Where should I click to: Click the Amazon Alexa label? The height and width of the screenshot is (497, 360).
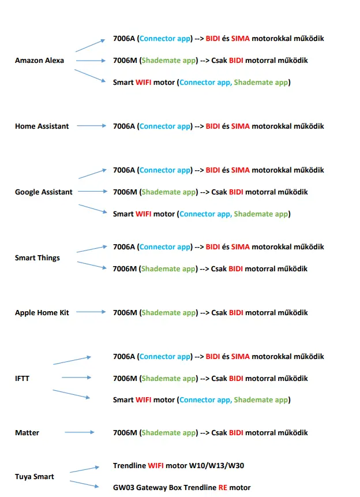pyautogui.click(x=39, y=60)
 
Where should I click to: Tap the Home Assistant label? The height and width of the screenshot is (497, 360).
pyautogui.click(x=42, y=126)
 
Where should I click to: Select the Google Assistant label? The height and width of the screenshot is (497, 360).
pyautogui.click(x=44, y=192)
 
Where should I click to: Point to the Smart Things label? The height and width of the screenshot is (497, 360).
pyautogui.click(x=37, y=258)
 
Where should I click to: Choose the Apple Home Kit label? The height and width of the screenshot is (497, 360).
pyautogui.click(x=42, y=313)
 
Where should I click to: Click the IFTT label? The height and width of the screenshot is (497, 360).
pyautogui.click(x=22, y=379)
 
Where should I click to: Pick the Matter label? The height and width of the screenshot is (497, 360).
pyautogui.click(x=27, y=433)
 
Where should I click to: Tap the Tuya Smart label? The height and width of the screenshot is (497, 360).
pyautogui.click(x=35, y=477)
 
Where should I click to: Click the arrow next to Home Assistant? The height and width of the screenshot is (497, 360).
pyautogui.click(x=92, y=126)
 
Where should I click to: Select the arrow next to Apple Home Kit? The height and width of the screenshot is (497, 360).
pyautogui.click(x=91, y=312)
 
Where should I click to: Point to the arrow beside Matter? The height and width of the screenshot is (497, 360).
pyautogui.click(x=80, y=432)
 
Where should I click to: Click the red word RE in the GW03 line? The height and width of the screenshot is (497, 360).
pyautogui.click(x=223, y=488)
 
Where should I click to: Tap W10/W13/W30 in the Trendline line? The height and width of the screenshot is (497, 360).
pyautogui.click(x=216, y=466)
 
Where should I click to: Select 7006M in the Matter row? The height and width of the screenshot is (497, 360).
pyautogui.click(x=125, y=433)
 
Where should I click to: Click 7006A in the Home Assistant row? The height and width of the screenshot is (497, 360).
pyautogui.click(x=124, y=126)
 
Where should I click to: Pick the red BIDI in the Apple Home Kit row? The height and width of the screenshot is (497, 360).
pyautogui.click(x=236, y=313)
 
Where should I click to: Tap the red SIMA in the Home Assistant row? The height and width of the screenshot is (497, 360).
pyautogui.click(x=241, y=126)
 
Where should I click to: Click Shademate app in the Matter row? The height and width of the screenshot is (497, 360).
pyautogui.click(x=168, y=433)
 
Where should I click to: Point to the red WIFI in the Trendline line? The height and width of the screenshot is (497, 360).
pyautogui.click(x=156, y=466)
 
